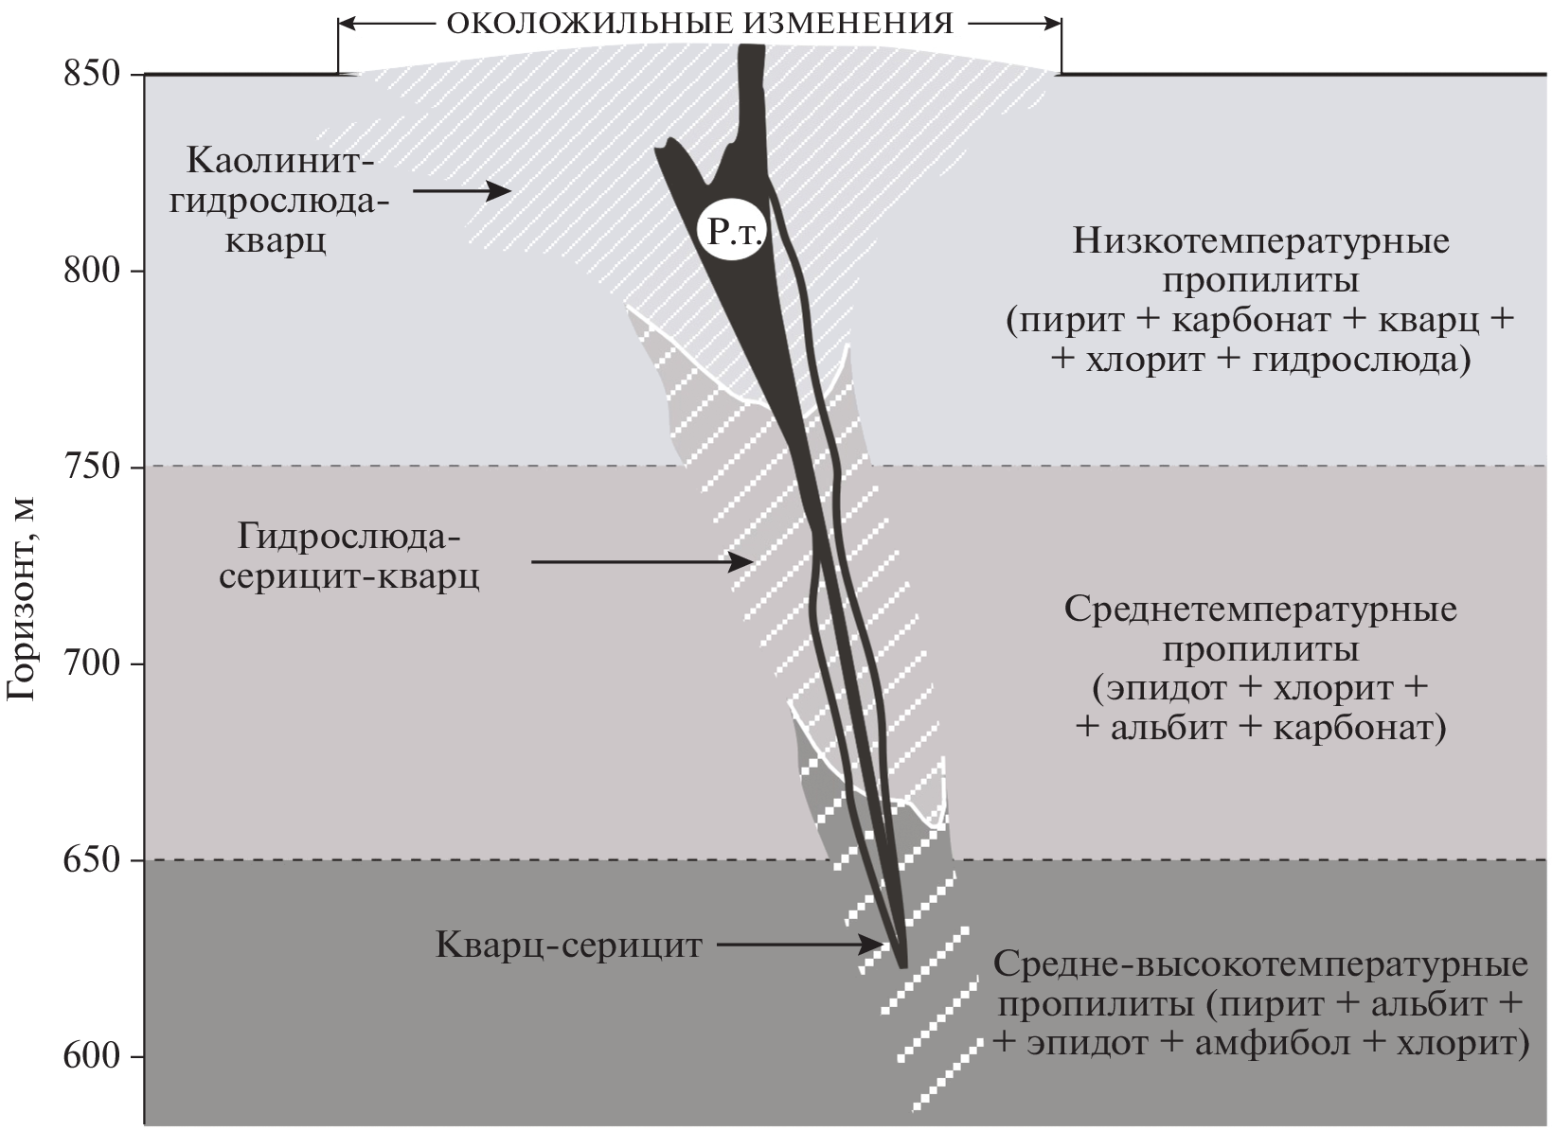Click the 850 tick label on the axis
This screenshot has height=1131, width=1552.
(x=91, y=74)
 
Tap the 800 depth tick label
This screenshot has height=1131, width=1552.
(x=91, y=271)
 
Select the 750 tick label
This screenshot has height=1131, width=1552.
(x=91, y=468)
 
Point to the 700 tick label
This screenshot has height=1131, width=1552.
(x=91, y=663)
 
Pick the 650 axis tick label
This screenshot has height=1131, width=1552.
(x=91, y=860)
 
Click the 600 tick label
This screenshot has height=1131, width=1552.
(x=91, y=1056)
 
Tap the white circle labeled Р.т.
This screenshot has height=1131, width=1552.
(x=731, y=230)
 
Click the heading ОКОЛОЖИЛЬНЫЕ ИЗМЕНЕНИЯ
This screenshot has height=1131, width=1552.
(x=699, y=22)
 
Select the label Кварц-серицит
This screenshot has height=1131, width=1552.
(x=569, y=945)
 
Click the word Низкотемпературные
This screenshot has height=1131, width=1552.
(x=1260, y=241)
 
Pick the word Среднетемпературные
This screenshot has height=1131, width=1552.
(x=1260, y=608)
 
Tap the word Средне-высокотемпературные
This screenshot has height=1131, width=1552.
(x=1260, y=966)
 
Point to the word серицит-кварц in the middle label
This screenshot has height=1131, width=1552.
(x=349, y=576)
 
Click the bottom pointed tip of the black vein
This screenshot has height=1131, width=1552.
(x=902, y=964)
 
